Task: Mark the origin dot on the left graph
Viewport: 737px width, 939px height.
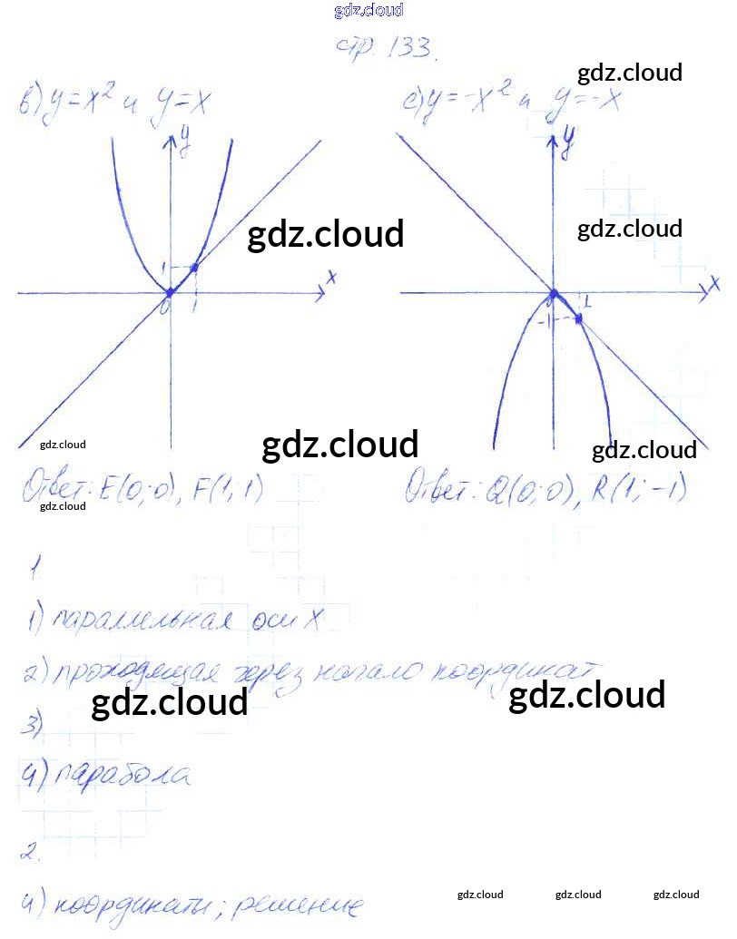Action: (169, 292)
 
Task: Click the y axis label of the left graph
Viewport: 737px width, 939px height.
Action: (185, 138)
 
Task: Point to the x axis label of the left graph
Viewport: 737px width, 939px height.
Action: (332, 278)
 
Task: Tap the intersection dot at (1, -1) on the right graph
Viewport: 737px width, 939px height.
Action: (578, 318)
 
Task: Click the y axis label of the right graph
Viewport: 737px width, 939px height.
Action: (569, 138)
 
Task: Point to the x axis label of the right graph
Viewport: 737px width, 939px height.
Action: (714, 284)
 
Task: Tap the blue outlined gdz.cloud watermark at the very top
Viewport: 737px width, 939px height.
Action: (368, 11)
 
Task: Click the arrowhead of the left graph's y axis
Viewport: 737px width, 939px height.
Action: (169, 141)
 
